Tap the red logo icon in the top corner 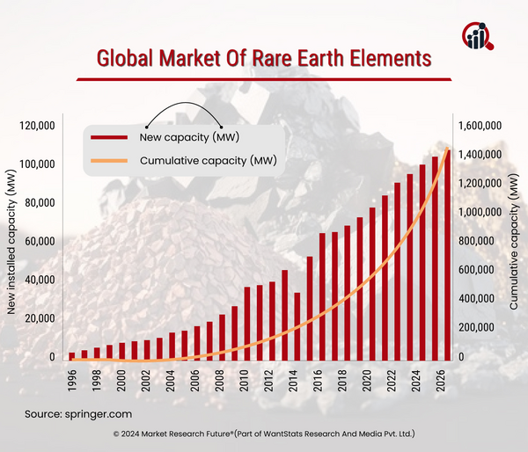479,35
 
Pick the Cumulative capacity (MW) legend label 209,160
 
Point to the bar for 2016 310,308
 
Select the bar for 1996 72,355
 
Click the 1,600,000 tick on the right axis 480,127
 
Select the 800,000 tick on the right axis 483,242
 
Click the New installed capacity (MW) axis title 11,242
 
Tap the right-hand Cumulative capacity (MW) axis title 515,242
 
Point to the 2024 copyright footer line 264,434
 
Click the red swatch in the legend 110,137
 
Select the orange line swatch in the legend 110,160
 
